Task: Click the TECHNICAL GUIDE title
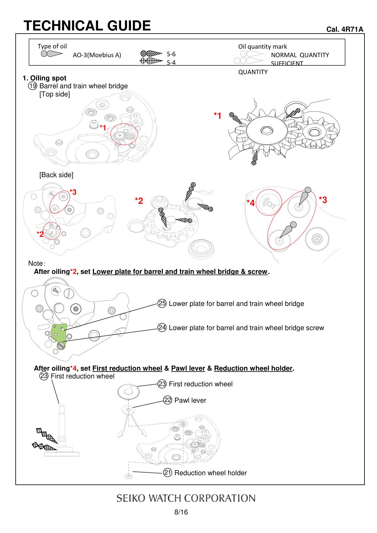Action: pos(87,26)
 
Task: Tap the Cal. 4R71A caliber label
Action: pos(345,29)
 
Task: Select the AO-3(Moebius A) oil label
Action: pos(97,55)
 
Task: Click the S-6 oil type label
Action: pos(171,54)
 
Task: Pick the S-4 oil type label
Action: pos(171,62)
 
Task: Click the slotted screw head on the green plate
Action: pos(61,346)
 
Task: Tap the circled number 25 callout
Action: pos(162,303)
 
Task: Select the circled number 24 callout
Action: pos(162,328)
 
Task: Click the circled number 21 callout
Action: pos(167,473)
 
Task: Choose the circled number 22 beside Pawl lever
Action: pos(168,400)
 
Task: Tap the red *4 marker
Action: pos(250,203)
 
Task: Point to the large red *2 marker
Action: pos(139,201)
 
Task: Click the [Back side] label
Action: pos(56,175)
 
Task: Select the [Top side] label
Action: pos(55,94)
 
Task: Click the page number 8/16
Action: pos(181,512)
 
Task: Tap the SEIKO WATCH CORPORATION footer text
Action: pos(186,498)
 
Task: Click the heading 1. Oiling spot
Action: pos(44,78)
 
